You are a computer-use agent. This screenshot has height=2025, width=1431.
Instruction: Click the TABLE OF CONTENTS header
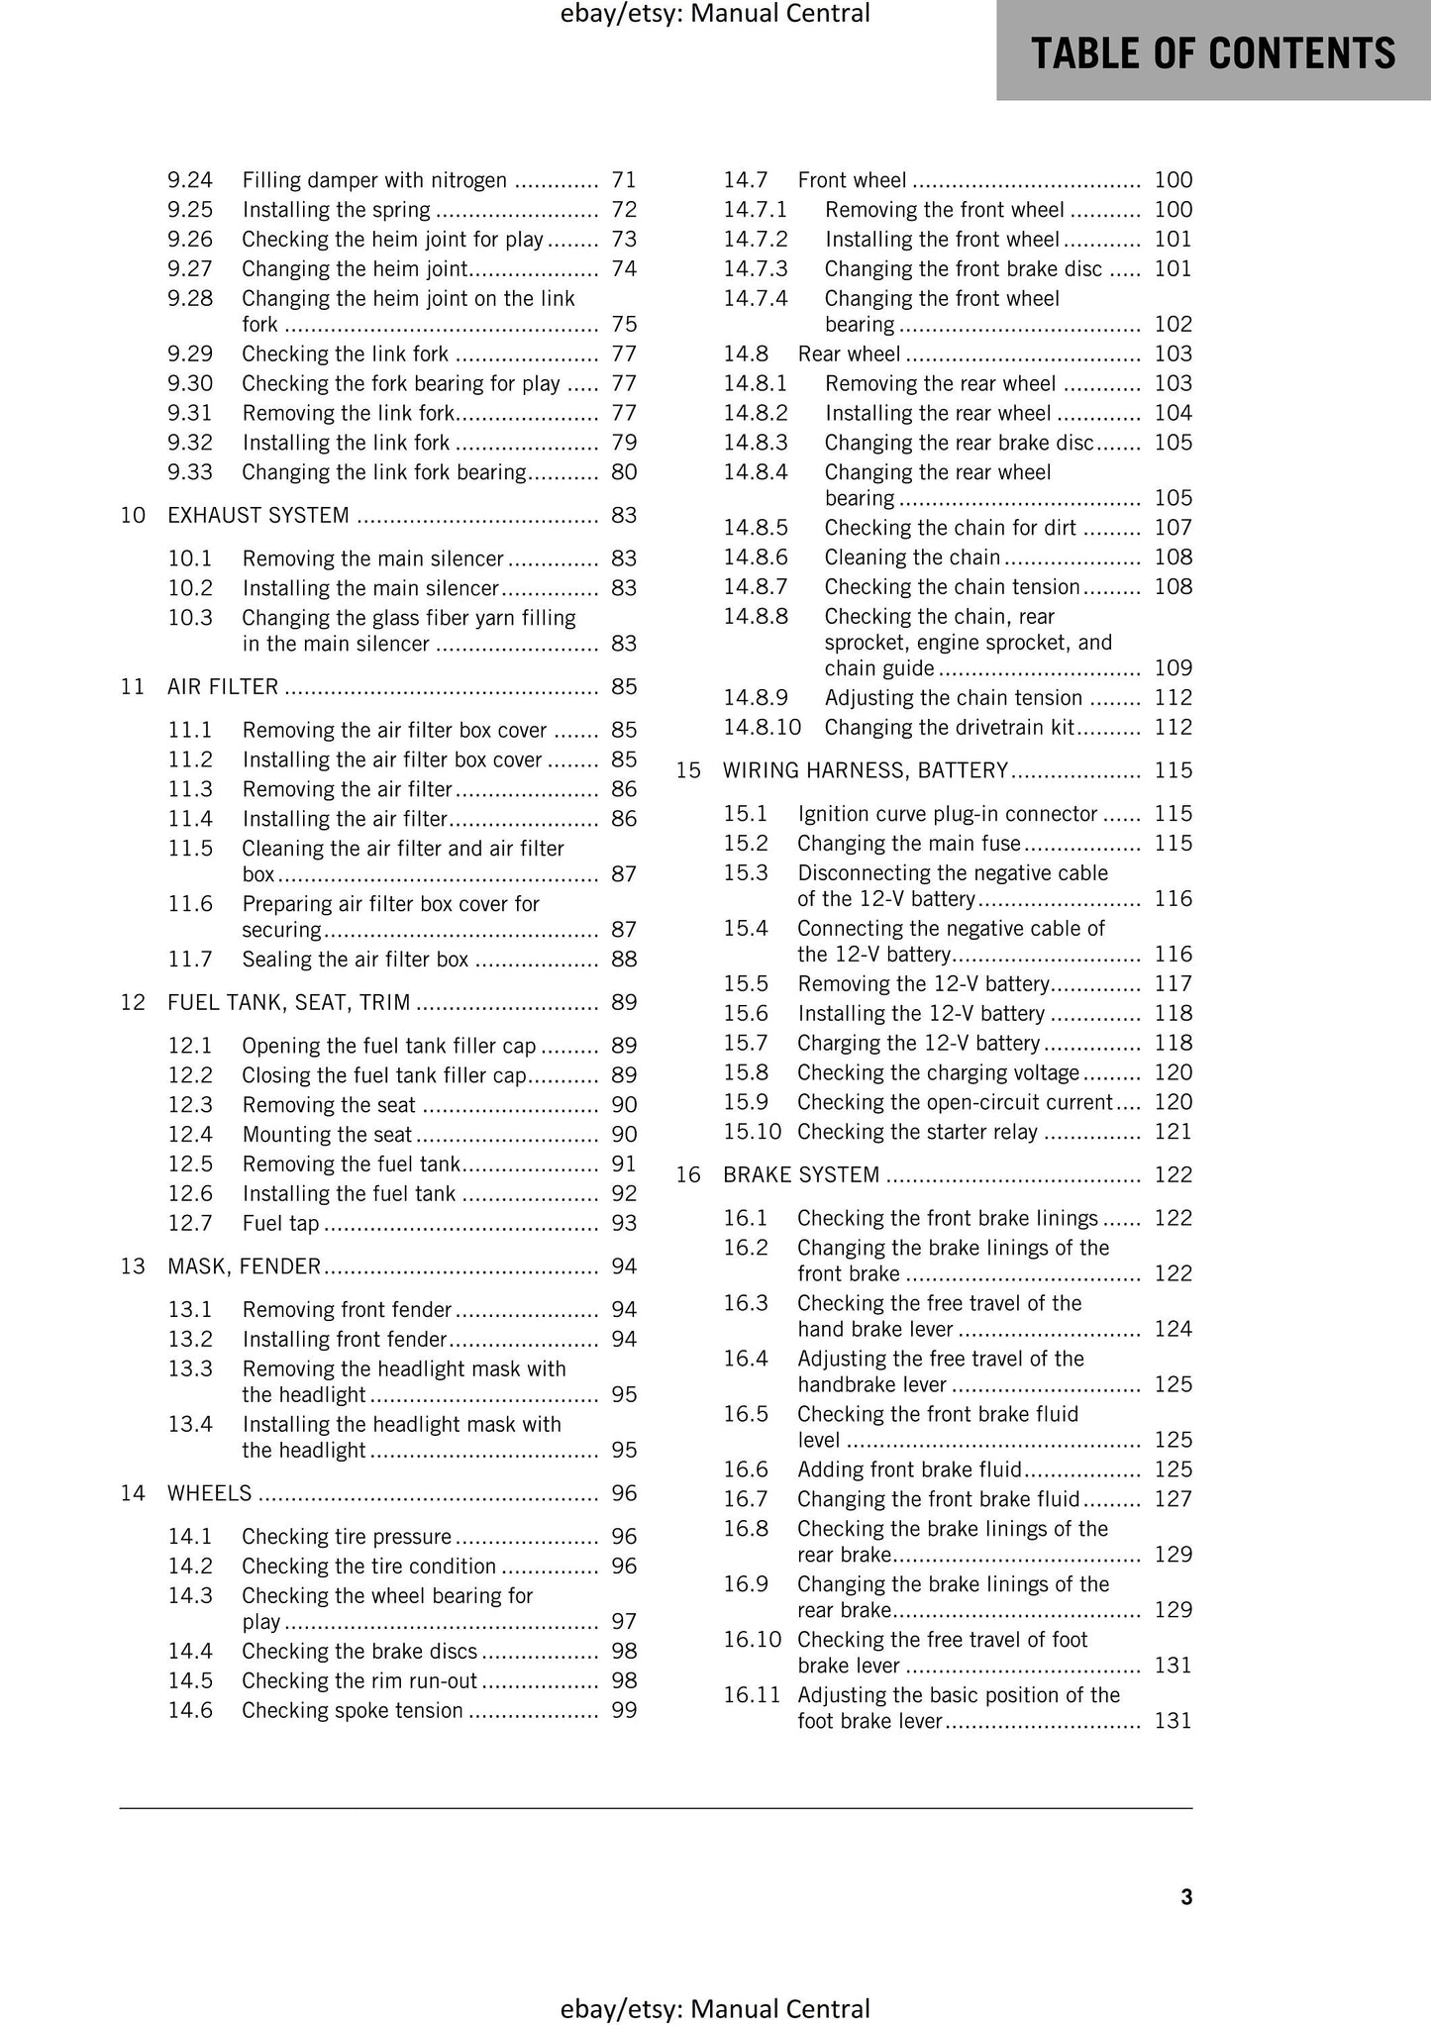coord(1213,52)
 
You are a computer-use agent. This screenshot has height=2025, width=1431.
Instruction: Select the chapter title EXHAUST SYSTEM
coord(258,515)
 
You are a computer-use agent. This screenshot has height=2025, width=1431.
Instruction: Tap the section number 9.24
coord(190,180)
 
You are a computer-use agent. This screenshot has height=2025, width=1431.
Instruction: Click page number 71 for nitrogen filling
coord(623,180)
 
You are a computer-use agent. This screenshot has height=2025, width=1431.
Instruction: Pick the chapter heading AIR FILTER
coord(223,687)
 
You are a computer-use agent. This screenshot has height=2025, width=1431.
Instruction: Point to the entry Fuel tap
coord(280,1223)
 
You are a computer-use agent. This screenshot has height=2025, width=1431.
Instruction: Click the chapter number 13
coord(133,1266)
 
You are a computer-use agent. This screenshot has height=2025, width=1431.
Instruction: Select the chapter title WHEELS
coord(210,1493)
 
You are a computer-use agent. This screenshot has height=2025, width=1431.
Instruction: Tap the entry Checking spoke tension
coord(353,1710)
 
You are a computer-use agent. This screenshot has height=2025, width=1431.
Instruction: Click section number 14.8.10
coord(762,728)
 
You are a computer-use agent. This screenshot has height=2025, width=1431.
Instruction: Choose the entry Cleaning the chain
coord(912,557)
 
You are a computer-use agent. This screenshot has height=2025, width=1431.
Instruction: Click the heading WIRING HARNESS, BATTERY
coord(866,770)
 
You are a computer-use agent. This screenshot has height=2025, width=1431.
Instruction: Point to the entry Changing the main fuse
coord(908,844)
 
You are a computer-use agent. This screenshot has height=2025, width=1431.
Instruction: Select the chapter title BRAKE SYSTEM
coord(801,1175)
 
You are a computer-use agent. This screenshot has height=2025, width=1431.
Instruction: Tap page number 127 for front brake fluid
coord(1174,1499)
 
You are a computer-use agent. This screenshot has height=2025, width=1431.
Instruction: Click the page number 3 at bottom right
coord(1186,1897)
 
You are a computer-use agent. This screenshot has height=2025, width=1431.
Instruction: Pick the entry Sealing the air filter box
coord(356,960)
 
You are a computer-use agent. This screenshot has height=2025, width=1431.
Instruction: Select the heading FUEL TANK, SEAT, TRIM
coord(289,1003)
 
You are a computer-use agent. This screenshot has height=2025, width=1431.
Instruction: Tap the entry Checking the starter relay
coord(917,1132)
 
